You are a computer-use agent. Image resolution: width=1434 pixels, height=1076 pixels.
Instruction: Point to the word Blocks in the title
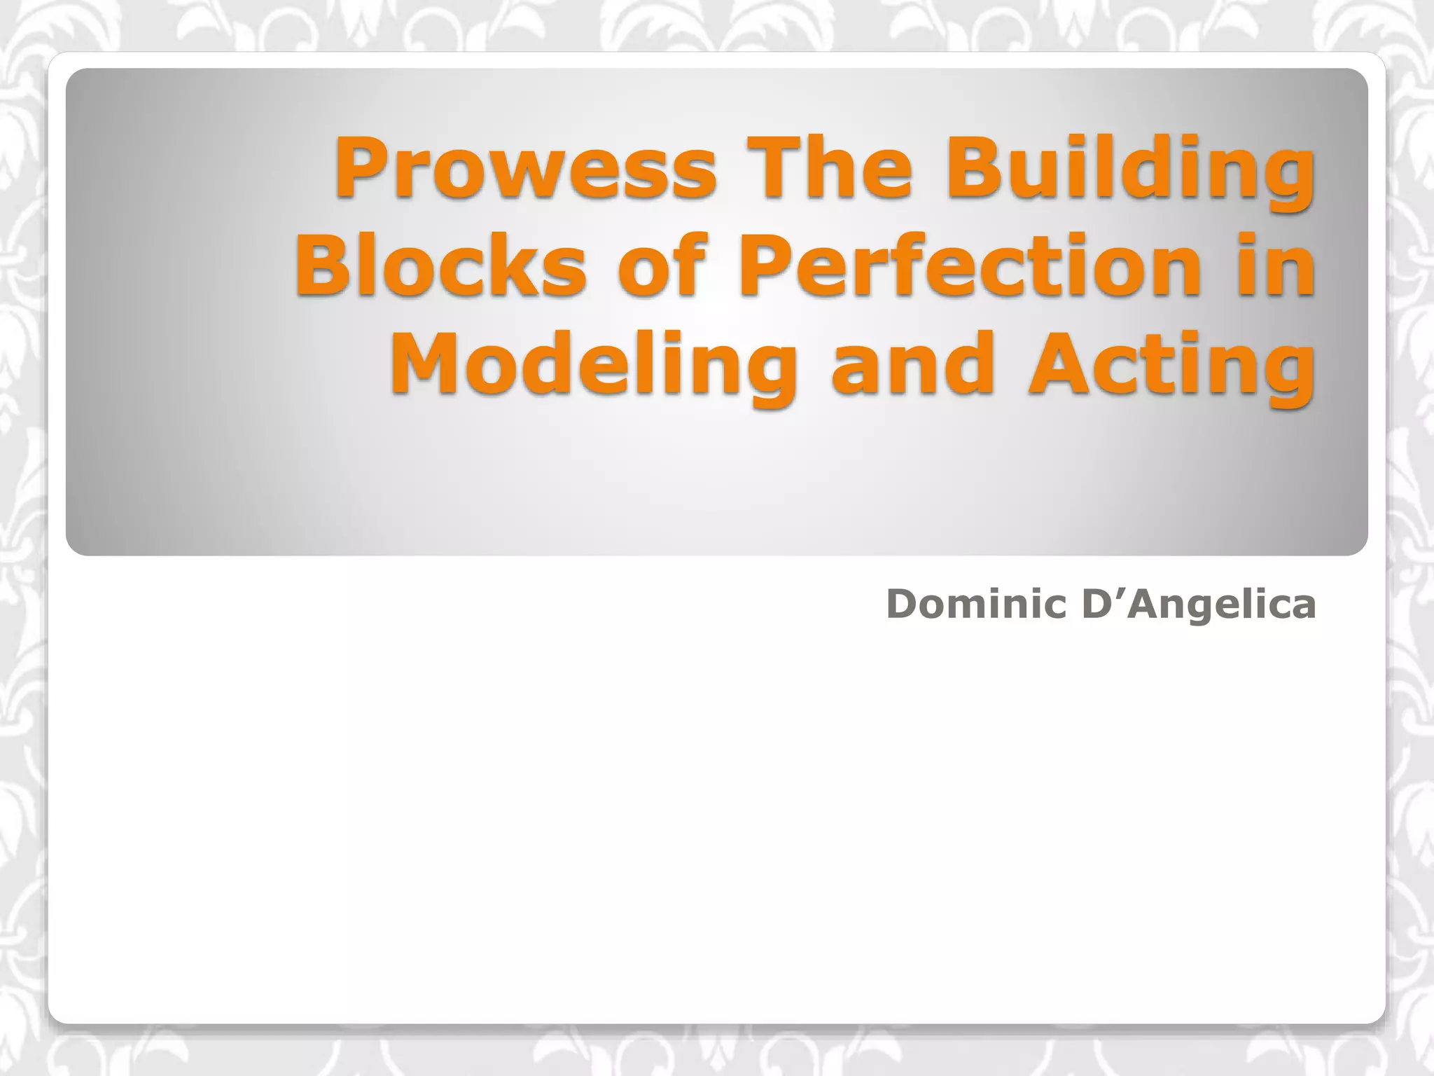pyautogui.click(x=440, y=266)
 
